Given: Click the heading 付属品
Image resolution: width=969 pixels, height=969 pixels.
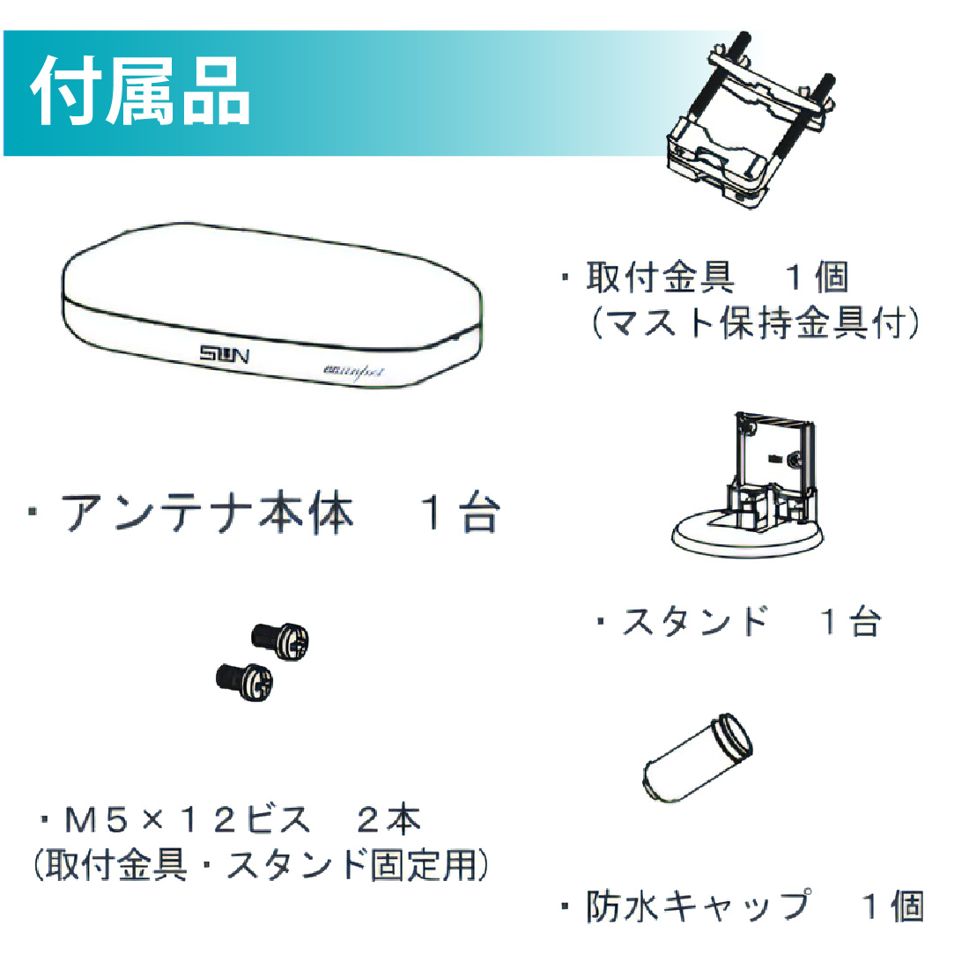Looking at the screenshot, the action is point(140,92).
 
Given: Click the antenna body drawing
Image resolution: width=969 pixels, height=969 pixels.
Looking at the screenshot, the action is point(271,305).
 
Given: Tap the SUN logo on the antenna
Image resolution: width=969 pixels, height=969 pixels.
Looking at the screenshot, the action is point(224,355).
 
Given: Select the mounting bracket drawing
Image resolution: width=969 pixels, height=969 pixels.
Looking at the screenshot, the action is point(750,121).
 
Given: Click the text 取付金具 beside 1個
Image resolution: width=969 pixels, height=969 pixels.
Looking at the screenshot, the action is point(660,277).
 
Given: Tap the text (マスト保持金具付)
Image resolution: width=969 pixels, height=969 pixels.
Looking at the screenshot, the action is point(755,322).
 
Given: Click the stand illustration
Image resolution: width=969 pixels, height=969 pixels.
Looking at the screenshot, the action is point(748,485).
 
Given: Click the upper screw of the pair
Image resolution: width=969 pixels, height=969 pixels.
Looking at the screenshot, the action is point(280,640).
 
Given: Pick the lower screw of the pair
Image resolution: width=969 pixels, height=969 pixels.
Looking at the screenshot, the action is point(245,682).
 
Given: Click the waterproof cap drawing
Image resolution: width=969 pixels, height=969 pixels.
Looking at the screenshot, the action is point(698,758).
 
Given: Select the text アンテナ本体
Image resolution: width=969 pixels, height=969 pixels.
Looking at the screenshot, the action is point(206,513).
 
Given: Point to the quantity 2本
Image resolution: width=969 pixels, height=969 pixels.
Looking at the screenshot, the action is point(389,819).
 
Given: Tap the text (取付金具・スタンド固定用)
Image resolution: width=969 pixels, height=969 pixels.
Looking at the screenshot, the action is point(261,864).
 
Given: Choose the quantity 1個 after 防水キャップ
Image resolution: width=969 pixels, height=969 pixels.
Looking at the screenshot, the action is point(893,906).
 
